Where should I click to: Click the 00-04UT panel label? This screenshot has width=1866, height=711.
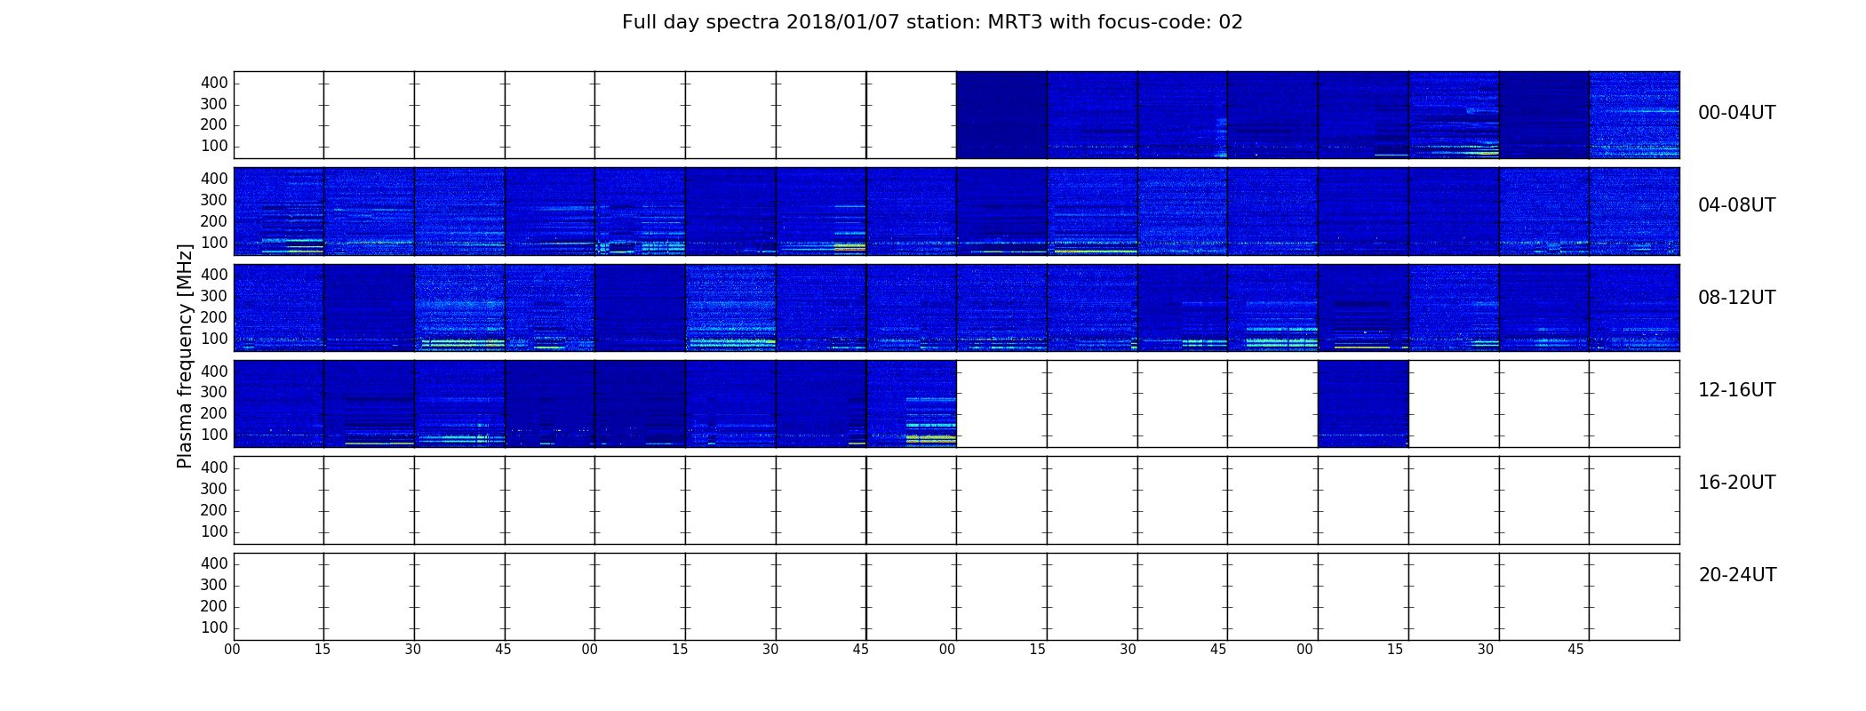pos(1736,113)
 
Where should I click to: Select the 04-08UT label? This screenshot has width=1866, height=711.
pos(1736,205)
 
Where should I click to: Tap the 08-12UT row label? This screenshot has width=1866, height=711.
pos(1736,298)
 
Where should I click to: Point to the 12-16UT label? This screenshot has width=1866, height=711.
pos(1736,390)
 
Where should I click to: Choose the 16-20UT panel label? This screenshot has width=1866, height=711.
pos(1736,483)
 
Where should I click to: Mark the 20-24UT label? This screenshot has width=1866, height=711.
pos(1737,575)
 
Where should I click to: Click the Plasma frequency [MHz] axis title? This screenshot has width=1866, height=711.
pos(185,355)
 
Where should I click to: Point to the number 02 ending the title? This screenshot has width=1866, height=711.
pos(1231,22)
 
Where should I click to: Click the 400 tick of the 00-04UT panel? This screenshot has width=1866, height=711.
pos(214,83)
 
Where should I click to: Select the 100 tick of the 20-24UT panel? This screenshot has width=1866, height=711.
pos(214,627)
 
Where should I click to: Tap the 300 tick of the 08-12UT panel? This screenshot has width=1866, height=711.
pos(214,296)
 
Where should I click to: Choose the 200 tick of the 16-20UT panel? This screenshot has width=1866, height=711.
pos(214,510)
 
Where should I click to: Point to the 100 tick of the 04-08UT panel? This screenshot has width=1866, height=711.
pos(214,243)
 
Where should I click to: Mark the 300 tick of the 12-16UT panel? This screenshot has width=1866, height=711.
pos(214,392)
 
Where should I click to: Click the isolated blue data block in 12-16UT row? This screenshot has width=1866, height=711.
pos(1363,403)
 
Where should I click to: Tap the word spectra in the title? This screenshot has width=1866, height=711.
pos(746,22)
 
